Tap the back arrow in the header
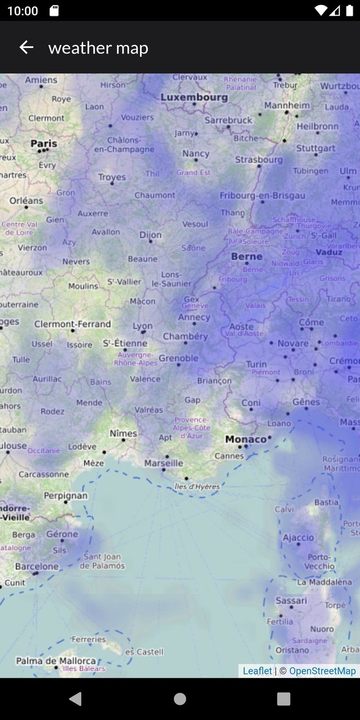pos(26,48)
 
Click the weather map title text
pos(98,48)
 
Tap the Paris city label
pos(44,143)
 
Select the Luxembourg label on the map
pos(194,97)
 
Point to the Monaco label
pos(246,439)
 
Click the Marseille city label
pos(164,463)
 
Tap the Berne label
pos(247,256)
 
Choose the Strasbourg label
pos(259,160)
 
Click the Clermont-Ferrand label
pos(73,324)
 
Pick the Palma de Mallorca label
pos(56,661)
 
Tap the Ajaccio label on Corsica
pos(298,538)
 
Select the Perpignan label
pos(66,496)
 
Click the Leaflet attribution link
pos(257,670)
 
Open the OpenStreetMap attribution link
pos(322,670)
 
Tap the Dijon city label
pos(150,235)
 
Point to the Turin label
pos(256,364)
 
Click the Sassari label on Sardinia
pos(291,601)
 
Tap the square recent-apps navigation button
pos(283,699)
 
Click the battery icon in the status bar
pos(350,11)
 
